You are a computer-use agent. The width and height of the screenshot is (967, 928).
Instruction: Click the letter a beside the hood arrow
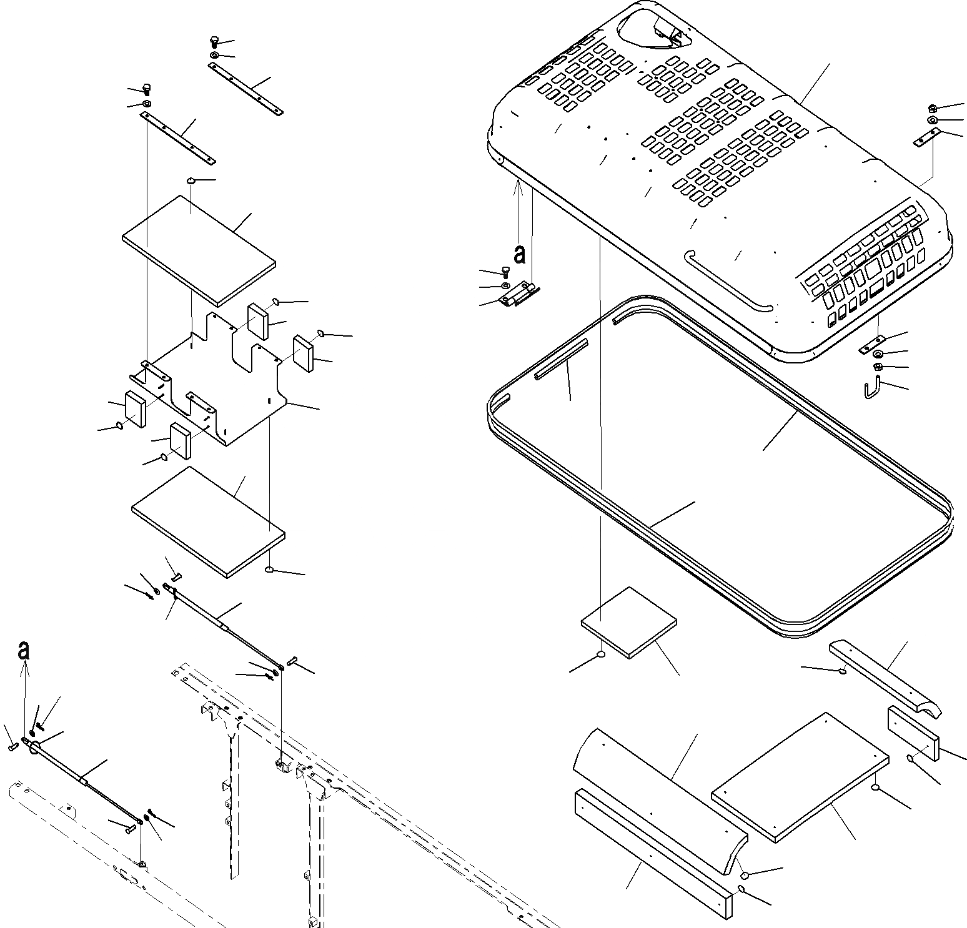[519, 255]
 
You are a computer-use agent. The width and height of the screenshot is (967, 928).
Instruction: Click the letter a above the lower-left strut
[24, 651]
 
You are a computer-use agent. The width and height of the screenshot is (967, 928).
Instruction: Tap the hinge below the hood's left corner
[520, 294]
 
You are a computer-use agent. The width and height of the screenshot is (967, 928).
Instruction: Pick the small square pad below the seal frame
[629, 621]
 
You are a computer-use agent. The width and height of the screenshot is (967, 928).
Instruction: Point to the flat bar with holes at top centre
[247, 89]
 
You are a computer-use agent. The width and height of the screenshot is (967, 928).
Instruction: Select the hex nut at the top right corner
[932, 109]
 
